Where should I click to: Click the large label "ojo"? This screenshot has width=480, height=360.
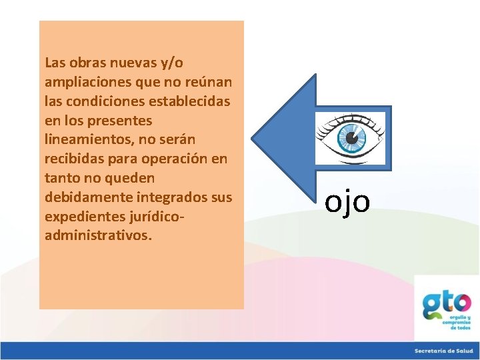[x=347, y=201]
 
